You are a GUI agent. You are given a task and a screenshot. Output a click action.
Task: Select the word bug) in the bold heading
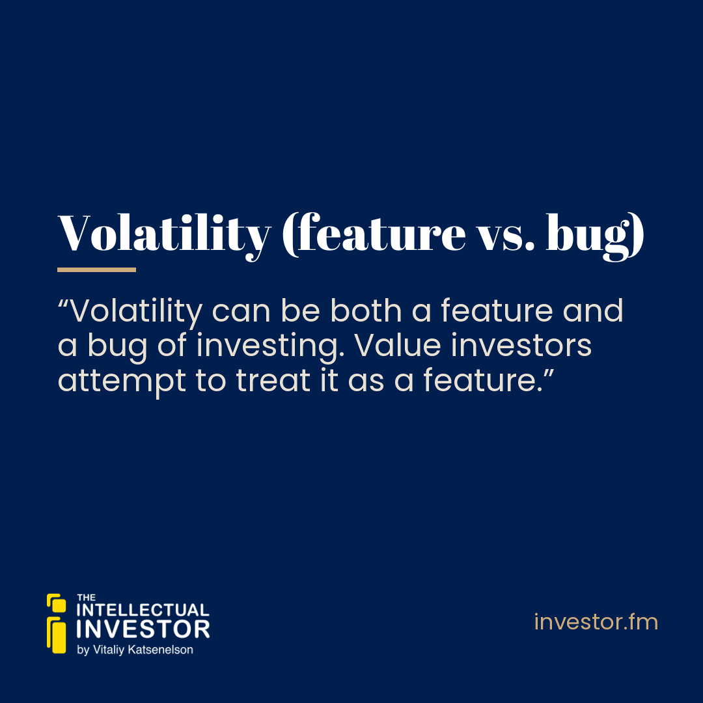pos(595,236)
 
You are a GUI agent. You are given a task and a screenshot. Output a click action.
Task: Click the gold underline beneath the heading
pos(96,269)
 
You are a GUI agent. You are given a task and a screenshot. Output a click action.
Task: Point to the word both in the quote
pos(366,310)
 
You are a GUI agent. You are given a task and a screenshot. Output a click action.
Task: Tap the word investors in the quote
pos(521,346)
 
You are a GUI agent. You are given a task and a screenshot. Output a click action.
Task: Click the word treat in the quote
pos(273,380)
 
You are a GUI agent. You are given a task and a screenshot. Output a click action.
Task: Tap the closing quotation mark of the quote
pos(549,372)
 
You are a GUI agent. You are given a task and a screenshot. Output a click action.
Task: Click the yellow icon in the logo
pos(57,623)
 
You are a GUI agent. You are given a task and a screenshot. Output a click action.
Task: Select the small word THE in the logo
pos(86,597)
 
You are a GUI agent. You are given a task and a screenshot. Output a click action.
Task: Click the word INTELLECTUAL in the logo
pos(143,610)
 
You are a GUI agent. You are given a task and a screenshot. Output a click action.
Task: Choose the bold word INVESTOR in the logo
pos(143,629)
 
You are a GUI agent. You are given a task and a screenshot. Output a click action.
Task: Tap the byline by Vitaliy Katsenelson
pos(135,650)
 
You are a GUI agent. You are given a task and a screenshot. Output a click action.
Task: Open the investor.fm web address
pos(596,622)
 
